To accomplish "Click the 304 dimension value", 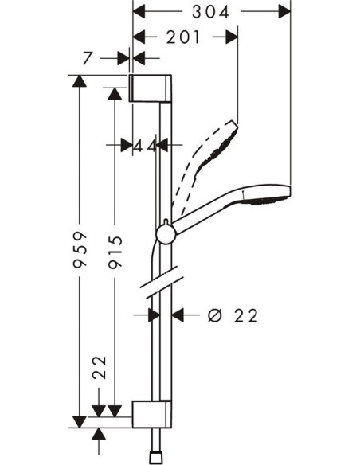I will (211, 11).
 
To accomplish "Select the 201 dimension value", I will (185, 37).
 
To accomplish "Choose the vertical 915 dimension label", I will (115, 252).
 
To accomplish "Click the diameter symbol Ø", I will (213, 315).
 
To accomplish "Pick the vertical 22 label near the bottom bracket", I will (100, 367).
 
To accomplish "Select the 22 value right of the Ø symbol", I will (247, 315).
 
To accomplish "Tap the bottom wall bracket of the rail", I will (151, 412).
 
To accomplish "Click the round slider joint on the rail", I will (166, 232).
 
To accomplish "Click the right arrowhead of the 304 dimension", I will (286, 11).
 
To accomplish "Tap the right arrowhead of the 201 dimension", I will (233, 37).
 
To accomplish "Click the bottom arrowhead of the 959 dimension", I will (78, 421).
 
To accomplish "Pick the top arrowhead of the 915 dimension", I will (115, 93).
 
